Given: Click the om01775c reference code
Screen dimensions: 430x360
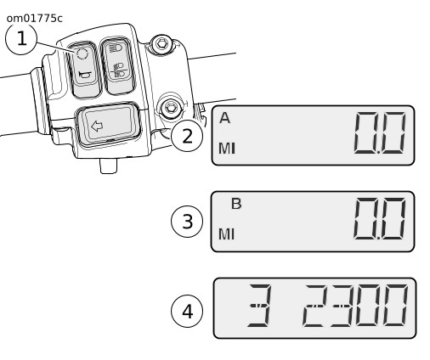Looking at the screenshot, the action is [34, 19].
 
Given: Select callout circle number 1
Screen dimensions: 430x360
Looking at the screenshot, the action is [21, 39].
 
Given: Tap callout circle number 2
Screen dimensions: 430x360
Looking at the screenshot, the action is [187, 136].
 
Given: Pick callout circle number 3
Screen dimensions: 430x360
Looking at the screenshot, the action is [187, 222].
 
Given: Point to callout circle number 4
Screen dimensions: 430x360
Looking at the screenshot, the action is [187, 312].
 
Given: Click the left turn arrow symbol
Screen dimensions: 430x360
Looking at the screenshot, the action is [97, 126].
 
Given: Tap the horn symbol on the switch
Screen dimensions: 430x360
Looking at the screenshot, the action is [85, 75].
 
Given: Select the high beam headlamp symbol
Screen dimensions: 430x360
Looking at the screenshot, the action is [116, 48].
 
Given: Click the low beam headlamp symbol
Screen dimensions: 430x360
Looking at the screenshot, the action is [119, 70].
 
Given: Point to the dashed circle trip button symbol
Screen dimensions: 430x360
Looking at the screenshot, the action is [82, 53].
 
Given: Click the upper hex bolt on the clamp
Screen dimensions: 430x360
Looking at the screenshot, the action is [161, 43].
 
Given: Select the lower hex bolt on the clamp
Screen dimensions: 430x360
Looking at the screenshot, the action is [170, 108].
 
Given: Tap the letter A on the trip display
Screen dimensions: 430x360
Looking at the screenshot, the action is [224, 118].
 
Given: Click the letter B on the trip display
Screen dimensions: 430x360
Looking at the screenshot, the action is [236, 204].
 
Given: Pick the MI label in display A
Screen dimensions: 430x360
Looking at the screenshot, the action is [227, 149].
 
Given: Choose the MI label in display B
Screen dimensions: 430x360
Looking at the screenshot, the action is [227, 234].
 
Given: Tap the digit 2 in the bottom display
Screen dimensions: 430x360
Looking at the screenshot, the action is [315, 306].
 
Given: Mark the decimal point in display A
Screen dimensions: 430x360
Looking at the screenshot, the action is [378, 152].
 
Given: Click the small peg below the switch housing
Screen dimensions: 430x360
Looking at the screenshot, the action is [109, 166].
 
